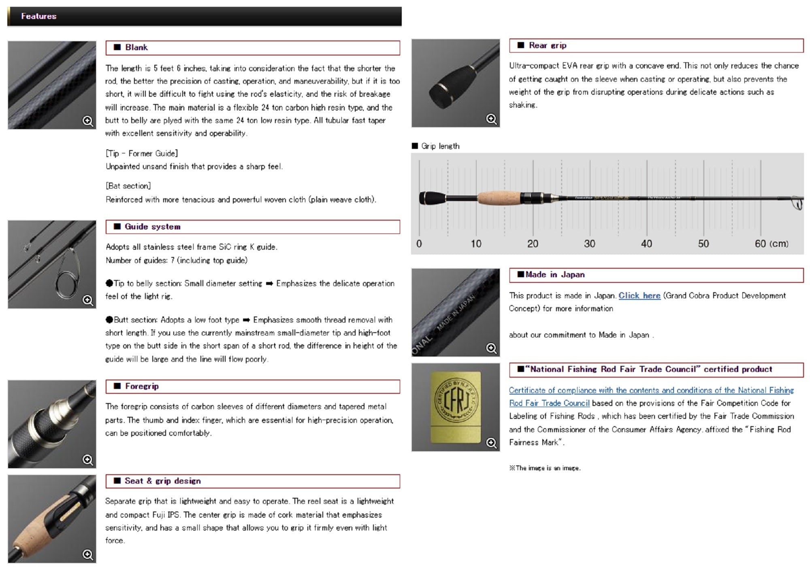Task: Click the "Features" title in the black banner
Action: click(x=38, y=16)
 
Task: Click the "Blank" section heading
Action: click(x=136, y=47)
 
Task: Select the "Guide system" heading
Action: click(x=152, y=227)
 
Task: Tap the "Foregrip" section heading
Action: click(x=141, y=386)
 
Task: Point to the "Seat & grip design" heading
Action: click(x=162, y=481)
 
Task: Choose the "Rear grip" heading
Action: click(x=547, y=45)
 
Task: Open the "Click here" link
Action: click(x=639, y=295)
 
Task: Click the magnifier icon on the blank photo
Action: click(x=87, y=121)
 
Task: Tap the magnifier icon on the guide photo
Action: click(x=87, y=300)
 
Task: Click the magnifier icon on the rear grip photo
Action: click(x=491, y=119)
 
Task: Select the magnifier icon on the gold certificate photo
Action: click(x=491, y=443)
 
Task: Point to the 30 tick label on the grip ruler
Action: click(x=589, y=244)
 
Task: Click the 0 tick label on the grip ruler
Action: click(x=419, y=244)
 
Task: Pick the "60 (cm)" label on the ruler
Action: click(x=771, y=244)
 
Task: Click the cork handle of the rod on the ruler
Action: click(x=499, y=198)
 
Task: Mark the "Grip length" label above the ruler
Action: click(x=440, y=146)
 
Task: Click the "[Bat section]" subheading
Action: click(x=128, y=186)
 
